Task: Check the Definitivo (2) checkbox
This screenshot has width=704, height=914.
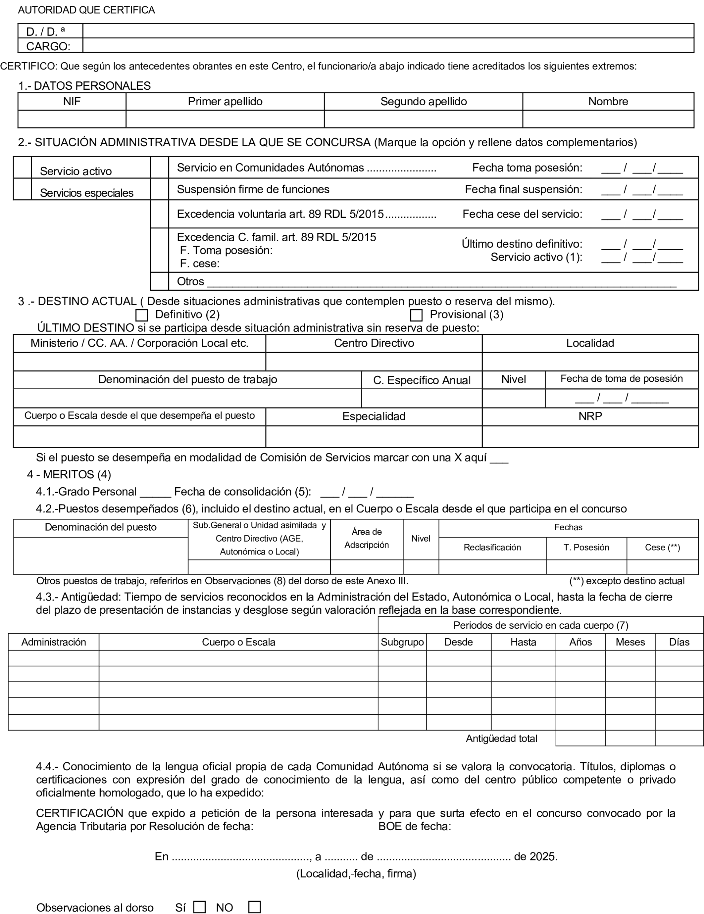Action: (x=142, y=315)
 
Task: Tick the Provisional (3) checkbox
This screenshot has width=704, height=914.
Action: (x=416, y=315)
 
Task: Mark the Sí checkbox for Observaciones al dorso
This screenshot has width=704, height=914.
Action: (x=200, y=907)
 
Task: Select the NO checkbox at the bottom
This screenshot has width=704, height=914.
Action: (x=254, y=907)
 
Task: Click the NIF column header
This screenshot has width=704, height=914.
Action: (x=72, y=102)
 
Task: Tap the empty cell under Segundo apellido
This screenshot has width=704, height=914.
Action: (x=423, y=119)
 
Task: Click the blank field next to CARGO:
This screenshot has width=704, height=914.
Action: (x=388, y=46)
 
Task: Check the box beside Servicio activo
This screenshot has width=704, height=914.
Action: (x=23, y=168)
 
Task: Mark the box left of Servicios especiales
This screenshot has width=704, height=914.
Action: (x=23, y=189)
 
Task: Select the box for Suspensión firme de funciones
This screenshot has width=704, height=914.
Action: (x=160, y=189)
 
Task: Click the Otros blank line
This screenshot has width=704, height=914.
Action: (x=441, y=281)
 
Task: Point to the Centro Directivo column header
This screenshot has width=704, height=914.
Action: (x=374, y=343)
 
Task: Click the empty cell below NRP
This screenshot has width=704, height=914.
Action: (x=590, y=437)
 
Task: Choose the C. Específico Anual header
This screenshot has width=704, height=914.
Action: (x=422, y=380)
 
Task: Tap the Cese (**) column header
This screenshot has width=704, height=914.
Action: (x=662, y=548)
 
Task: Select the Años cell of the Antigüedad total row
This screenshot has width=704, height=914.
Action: (x=580, y=738)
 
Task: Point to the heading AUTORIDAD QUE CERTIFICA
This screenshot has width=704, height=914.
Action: (x=86, y=10)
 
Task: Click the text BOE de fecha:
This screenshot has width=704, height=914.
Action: (x=414, y=826)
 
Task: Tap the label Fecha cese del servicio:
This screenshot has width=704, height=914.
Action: (x=522, y=214)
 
